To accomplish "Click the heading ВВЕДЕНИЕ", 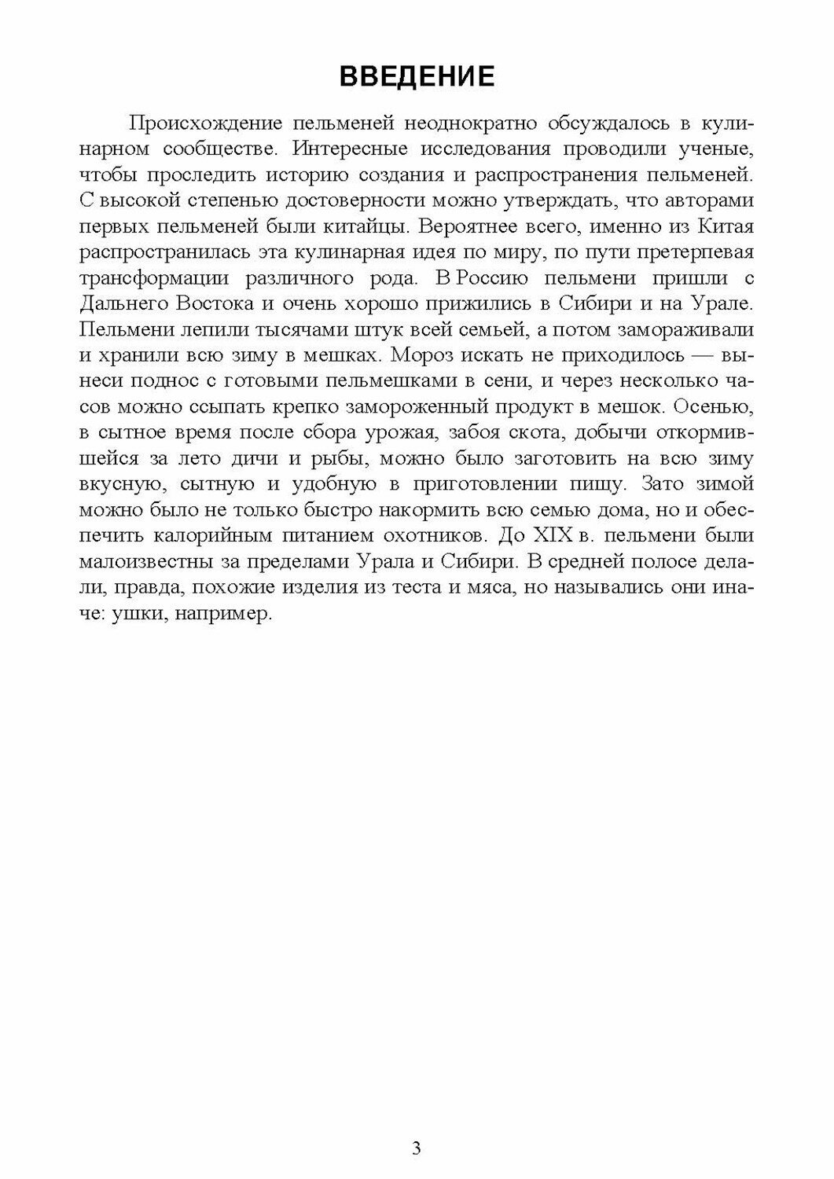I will tap(417, 76).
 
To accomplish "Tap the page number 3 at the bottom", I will tap(417, 1148).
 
